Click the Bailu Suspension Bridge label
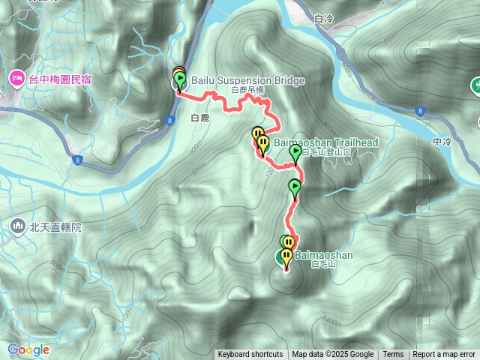pyautogui.click(x=247, y=80)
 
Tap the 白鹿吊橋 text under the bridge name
pyautogui.click(x=247, y=90)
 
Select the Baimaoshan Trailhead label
pyautogui.click(x=320, y=142)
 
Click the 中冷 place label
pyautogui.click(x=442, y=142)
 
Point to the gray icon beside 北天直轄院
pyautogui.click(x=17, y=225)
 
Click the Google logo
pyautogui.click(x=28, y=349)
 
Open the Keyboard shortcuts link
pyautogui.click(x=250, y=355)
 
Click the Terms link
pyautogui.click(x=393, y=355)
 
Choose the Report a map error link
pyautogui.click(x=444, y=355)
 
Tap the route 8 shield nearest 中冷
pyautogui.click(x=418, y=111)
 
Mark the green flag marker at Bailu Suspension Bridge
pyautogui.click(x=179, y=80)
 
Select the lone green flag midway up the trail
pyautogui.click(x=295, y=187)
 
